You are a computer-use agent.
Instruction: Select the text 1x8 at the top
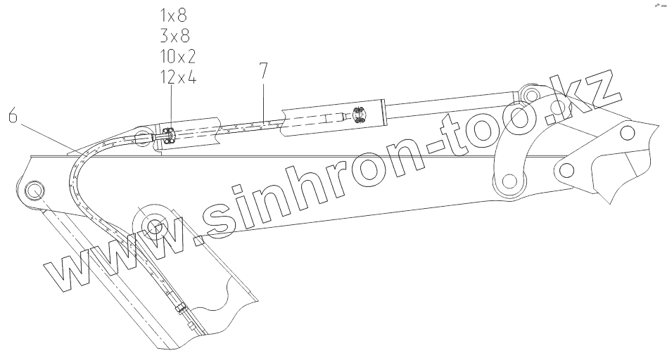pyautogui.click(x=174, y=14)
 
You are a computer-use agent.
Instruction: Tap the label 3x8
pyautogui.click(x=174, y=35)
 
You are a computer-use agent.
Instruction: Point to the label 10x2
pyautogui.click(x=177, y=56)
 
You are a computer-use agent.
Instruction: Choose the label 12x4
pyautogui.click(x=177, y=77)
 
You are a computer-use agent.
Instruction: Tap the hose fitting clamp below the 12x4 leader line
pyautogui.click(x=168, y=137)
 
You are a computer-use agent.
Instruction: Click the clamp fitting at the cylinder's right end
pyautogui.click(x=357, y=117)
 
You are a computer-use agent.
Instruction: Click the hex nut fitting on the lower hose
pyautogui.click(x=182, y=307)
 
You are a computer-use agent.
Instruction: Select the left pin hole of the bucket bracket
pyautogui.click(x=568, y=169)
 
